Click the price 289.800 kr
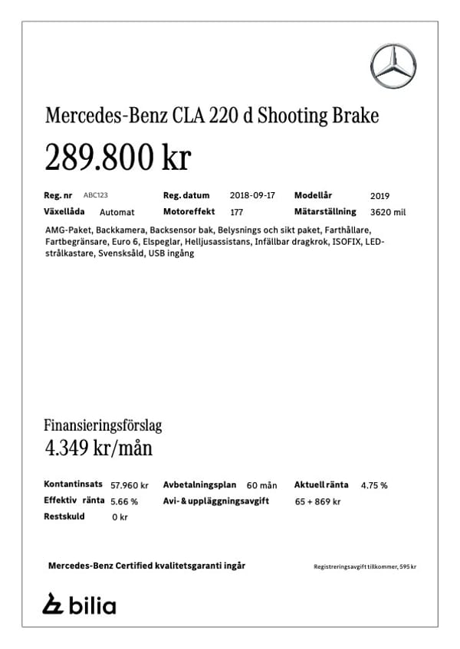(x=117, y=158)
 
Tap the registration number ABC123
(x=96, y=195)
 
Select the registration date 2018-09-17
(x=251, y=195)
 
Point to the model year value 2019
(x=379, y=196)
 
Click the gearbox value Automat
(x=117, y=212)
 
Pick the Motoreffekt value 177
(x=236, y=212)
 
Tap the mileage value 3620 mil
(x=387, y=212)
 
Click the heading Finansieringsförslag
(x=103, y=426)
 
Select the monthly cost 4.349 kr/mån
(x=98, y=448)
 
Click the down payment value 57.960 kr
(x=130, y=485)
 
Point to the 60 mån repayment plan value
(x=261, y=485)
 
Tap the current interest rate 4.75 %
(x=373, y=485)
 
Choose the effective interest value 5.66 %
(x=124, y=501)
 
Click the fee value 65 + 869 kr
(x=317, y=501)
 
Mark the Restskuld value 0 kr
(x=120, y=517)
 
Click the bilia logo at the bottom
(x=79, y=605)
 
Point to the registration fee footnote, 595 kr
(x=365, y=566)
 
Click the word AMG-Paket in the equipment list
(x=68, y=230)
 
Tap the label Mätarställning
(x=325, y=211)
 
